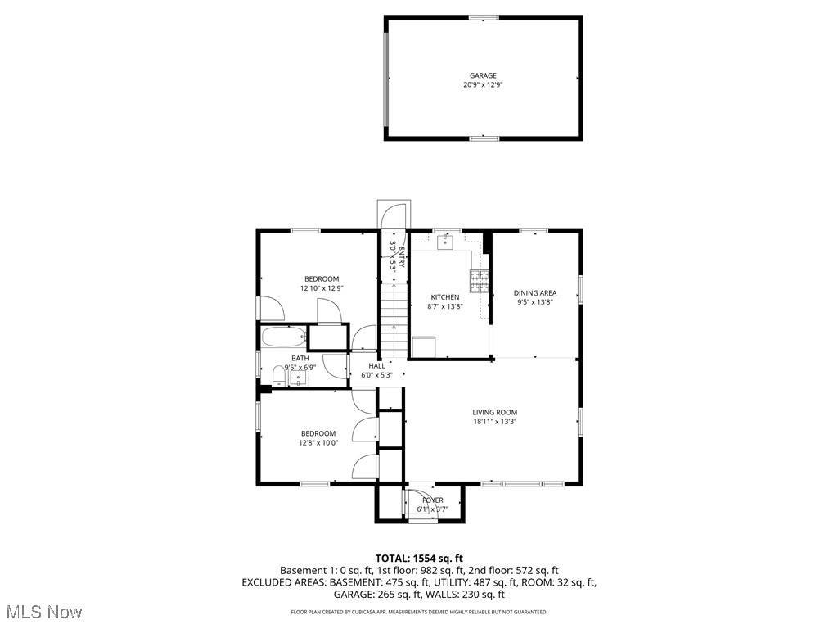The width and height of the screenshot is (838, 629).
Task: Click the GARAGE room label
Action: click(x=483, y=75)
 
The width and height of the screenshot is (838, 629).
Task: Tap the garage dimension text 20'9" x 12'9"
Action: click(x=483, y=84)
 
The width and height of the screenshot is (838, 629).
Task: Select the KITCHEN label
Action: click(x=445, y=297)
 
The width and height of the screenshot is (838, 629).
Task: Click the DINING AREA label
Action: click(x=535, y=293)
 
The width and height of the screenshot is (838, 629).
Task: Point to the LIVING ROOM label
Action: click(x=494, y=413)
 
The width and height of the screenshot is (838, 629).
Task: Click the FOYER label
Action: click(x=433, y=500)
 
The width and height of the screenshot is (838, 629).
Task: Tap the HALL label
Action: click(x=376, y=366)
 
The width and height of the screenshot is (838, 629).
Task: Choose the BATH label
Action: click(x=300, y=359)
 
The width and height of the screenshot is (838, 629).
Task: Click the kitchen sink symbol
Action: click(x=446, y=241)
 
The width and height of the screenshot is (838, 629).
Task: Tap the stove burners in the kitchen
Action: click(x=479, y=282)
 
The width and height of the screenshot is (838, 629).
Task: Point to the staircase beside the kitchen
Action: click(x=394, y=319)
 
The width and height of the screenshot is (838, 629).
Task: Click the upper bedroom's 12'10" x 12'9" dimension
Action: click(x=322, y=288)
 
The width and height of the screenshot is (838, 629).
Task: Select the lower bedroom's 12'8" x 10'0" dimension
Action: click(x=318, y=443)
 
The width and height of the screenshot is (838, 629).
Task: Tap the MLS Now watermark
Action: click(x=43, y=612)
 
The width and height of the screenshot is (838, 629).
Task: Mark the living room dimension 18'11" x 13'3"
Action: click(x=494, y=422)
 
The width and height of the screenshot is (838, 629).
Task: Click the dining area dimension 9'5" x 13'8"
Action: click(x=535, y=302)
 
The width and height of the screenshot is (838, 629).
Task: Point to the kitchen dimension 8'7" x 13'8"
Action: click(x=445, y=306)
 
